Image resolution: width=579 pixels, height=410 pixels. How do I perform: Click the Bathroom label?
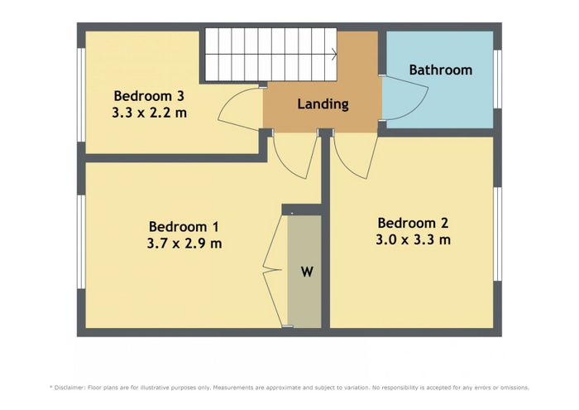[441, 70]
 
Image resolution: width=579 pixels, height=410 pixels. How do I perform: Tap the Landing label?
[323, 104]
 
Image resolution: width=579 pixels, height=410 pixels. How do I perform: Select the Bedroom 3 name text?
[149, 96]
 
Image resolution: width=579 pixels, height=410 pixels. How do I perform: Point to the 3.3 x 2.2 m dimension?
[149, 113]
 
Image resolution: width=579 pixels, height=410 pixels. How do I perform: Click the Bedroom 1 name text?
[184, 226]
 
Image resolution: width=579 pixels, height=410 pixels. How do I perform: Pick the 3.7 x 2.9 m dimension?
[184, 244]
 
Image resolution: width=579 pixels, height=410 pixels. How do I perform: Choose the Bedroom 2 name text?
[413, 223]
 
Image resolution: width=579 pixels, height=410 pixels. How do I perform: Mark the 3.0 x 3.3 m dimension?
[414, 239]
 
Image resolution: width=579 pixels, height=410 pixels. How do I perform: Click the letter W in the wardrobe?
[307, 272]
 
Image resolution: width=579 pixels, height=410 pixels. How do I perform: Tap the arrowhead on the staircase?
[334, 55]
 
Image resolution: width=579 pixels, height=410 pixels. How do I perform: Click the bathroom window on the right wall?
[497, 79]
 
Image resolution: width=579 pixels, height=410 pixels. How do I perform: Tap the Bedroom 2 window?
[497, 234]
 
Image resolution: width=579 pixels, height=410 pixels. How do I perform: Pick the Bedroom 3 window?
[81, 95]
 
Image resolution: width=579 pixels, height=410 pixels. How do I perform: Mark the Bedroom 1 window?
[81, 242]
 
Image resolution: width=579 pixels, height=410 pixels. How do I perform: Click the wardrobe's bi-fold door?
[272, 270]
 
